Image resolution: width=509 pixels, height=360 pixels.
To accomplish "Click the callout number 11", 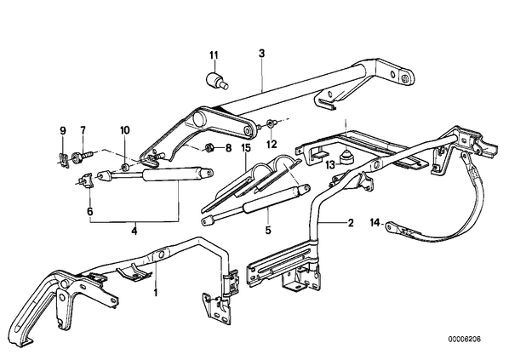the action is [x=214, y=55].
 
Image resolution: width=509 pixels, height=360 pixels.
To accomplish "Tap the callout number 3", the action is [x=261, y=54].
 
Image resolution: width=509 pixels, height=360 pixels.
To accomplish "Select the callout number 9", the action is [x=63, y=131].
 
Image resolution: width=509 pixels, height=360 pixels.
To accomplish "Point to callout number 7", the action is [x=83, y=130].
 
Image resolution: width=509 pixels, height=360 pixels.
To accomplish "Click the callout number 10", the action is [x=125, y=130].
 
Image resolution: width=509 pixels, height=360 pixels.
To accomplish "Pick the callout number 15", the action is [x=246, y=149].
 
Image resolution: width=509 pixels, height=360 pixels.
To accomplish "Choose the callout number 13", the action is [x=330, y=165].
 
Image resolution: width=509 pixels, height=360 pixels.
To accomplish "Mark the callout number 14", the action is [x=375, y=223].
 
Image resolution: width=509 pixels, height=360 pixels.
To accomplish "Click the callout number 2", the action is [x=351, y=223].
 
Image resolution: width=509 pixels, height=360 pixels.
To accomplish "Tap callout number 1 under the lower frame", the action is [x=156, y=293].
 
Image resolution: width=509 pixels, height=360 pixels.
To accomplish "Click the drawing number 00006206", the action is [x=465, y=340].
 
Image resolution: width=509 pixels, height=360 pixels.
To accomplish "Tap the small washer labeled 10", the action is [x=124, y=168].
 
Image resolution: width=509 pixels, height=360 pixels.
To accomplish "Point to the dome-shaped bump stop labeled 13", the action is [x=346, y=157].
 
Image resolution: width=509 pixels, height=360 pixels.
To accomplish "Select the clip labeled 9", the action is [x=64, y=161].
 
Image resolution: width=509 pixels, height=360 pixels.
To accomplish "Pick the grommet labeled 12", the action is [x=271, y=123].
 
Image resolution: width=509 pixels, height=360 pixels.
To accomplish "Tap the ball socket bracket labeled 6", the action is [x=86, y=180].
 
